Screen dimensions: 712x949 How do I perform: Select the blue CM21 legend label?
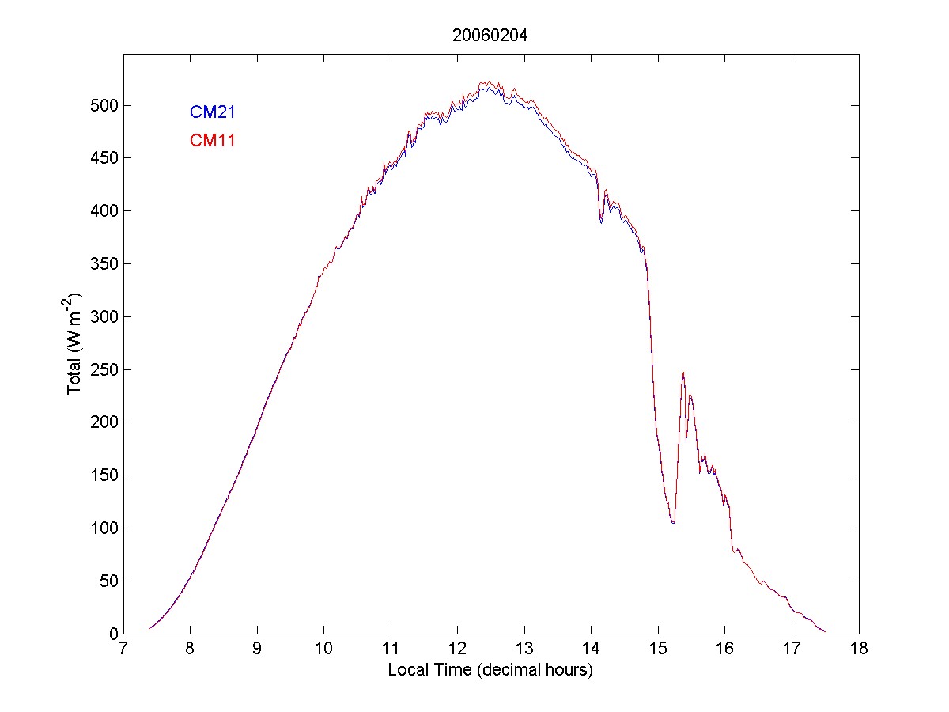pyautogui.click(x=212, y=112)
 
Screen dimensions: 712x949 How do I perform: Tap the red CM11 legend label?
pyautogui.click(x=212, y=141)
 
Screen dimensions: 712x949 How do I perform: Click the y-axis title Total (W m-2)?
pyautogui.click(x=76, y=343)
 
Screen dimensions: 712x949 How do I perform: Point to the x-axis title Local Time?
pyautogui.click(x=490, y=670)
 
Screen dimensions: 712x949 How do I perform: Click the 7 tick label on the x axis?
pyautogui.click(x=123, y=650)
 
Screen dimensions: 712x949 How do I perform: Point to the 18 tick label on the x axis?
pyautogui.click(x=859, y=650)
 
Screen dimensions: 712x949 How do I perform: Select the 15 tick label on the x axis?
pyautogui.click(x=658, y=650)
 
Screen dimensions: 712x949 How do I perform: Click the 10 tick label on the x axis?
pyautogui.click(x=323, y=650)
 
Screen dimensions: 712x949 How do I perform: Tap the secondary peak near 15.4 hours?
pyautogui.click(x=683, y=373)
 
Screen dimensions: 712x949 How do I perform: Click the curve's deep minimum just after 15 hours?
pyautogui.click(x=673, y=523)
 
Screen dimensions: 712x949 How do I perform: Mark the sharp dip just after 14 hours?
pyautogui.click(x=601, y=222)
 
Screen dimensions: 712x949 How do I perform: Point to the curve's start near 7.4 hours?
pyautogui.click(x=149, y=629)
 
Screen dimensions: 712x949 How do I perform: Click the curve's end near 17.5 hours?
pyautogui.click(x=825, y=631)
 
